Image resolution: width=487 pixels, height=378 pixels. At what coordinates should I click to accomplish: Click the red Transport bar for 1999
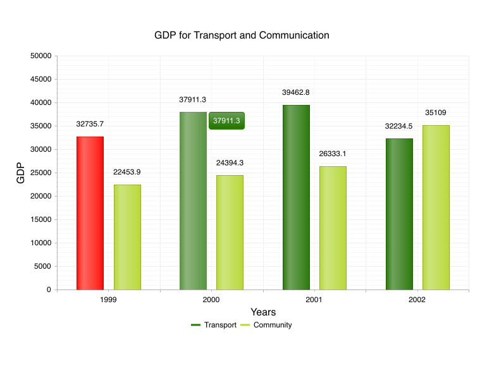coord(90,213)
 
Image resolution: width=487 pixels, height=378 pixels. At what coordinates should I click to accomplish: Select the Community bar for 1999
coord(127,237)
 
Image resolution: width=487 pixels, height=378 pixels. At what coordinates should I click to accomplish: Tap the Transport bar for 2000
coord(193,201)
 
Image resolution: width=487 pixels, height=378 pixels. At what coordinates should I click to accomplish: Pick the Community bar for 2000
coord(230,232)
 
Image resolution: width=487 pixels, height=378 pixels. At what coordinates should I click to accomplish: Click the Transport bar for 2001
coord(296,197)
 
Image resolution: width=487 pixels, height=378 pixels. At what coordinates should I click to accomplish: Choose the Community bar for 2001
coord(333,228)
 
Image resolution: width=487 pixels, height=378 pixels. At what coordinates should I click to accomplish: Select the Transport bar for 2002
coord(399,214)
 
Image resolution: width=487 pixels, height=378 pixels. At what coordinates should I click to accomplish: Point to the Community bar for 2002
coord(436,207)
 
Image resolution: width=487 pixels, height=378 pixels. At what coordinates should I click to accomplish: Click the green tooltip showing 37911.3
coord(226,121)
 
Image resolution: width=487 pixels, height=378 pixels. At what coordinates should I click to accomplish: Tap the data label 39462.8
coord(296,92)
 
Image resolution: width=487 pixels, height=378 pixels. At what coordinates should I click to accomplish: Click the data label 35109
coord(436,113)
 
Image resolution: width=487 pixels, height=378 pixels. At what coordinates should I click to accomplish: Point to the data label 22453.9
coord(127,172)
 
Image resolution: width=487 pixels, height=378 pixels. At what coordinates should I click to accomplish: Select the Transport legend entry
coord(214,325)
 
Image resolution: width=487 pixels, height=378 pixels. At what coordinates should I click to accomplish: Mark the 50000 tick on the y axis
coord(40,56)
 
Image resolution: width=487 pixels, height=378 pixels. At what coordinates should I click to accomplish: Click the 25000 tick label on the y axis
coord(40,173)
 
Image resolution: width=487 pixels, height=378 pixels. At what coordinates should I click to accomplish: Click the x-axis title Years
coord(263,312)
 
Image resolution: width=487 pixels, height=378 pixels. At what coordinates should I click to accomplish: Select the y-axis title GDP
coord(21,173)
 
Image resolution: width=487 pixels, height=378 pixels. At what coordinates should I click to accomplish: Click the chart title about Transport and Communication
coord(242,35)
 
